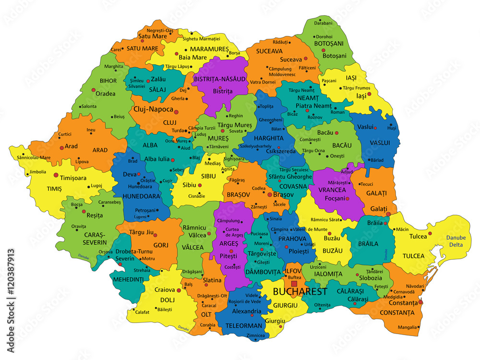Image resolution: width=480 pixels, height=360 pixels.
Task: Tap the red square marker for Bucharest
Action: (294, 284)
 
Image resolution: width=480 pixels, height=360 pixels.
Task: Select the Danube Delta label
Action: (456, 241)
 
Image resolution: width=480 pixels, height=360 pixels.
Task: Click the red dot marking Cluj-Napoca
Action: (176, 112)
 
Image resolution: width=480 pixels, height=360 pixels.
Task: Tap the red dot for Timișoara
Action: (56, 175)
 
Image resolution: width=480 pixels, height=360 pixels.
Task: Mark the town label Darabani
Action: (323, 23)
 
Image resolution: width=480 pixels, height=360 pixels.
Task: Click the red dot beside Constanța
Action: (421, 302)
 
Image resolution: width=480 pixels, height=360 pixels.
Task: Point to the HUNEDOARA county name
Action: (141, 196)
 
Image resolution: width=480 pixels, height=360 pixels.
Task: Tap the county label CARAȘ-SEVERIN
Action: (88, 238)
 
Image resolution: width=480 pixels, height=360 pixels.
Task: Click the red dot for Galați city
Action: (388, 214)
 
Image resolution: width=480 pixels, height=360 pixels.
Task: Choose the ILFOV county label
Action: (293, 271)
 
